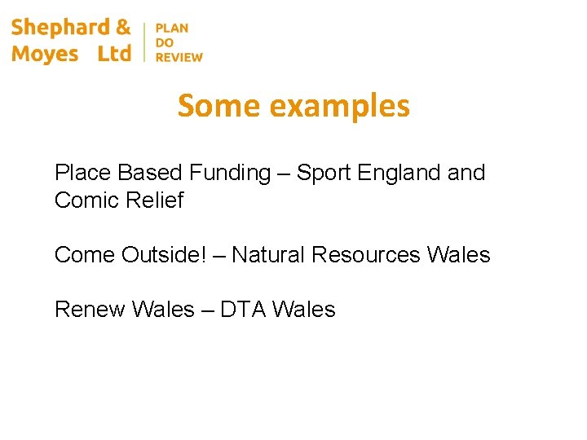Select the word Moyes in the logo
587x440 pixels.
45,55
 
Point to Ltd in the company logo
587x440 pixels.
114,55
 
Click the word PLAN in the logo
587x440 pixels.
172,28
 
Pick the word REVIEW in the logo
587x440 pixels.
179,57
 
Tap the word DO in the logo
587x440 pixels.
165,42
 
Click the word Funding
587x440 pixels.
229,173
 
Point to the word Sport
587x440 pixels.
325,173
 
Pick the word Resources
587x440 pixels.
366,255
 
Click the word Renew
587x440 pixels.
89,310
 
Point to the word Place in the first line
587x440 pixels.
83,173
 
